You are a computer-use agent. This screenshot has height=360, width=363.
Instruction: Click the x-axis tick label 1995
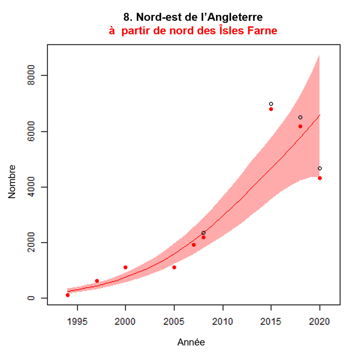[77, 322]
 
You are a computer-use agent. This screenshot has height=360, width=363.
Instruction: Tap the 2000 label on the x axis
[125, 322]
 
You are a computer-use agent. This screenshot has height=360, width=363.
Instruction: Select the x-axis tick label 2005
[174, 322]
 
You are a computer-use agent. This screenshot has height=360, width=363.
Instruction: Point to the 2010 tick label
[222, 322]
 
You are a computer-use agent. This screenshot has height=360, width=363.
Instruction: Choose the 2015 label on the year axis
[271, 322]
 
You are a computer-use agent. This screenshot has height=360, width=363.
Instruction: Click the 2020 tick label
[319, 322]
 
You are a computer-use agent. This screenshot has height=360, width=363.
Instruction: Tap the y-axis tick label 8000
[31, 75]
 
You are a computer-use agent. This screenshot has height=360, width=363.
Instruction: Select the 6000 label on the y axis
[31, 131]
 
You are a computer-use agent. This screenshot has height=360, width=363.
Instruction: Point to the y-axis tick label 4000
[31, 187]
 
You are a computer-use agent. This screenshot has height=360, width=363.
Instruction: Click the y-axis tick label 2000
[31, 242]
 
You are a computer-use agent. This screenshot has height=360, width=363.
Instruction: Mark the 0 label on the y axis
[31, 298]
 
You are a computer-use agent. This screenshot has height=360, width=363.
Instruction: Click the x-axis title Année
[191, 342]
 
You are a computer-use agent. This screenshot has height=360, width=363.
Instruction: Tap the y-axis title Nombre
[12, 182]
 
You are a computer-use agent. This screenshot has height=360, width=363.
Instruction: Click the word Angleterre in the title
[235, 17]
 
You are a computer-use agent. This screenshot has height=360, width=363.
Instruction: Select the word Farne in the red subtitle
[262, 31]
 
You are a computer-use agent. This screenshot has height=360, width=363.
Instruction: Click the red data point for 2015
[271, 109]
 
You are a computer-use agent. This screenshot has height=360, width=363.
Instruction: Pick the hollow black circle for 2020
[320, 168]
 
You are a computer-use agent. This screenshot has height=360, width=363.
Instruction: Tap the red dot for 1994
[68, 295]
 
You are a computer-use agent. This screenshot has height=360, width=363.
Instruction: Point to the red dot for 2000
[125, 267]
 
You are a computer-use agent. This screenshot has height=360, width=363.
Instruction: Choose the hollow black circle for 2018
[300, 118]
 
